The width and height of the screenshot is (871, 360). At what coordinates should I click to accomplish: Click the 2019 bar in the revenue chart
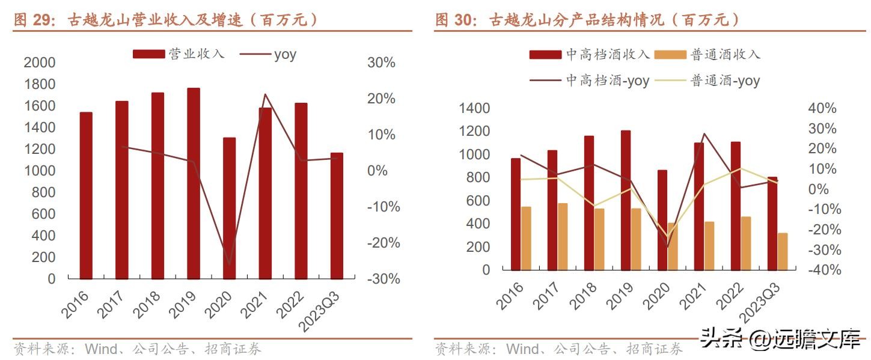[193, 183]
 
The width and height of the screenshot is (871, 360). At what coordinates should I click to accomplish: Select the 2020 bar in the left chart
[229, 208]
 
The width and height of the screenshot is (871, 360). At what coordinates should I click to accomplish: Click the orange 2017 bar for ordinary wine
[563, 236]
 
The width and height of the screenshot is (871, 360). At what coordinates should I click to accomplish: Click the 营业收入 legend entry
[179, 54]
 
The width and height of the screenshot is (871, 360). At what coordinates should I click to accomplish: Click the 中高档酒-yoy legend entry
[589, 81]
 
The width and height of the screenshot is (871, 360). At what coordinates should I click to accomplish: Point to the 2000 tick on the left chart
[39, 63]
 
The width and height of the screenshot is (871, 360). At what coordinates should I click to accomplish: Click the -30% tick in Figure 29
[380, 279]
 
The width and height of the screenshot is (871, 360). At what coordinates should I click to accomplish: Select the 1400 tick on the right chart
[474, 108]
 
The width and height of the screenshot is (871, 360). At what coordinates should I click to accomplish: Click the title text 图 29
[31, 20]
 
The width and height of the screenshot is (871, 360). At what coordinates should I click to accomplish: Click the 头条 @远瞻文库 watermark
[780, 341]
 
